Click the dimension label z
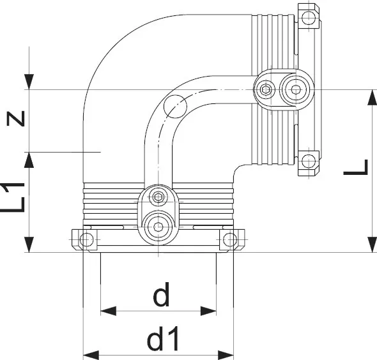16,119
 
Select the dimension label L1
13,197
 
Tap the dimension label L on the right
356,167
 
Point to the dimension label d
162,295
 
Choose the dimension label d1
163,338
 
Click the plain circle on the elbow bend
175,107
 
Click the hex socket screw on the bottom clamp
158,197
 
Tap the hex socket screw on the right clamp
265,89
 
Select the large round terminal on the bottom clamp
158,226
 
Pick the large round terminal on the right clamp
295,89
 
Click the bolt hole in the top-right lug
309,17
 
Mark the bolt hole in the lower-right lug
309,161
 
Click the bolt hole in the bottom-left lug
86,239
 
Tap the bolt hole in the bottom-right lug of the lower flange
230,239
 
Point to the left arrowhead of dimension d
108,311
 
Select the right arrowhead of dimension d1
226,355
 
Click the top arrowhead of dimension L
372,98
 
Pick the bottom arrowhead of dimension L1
29,244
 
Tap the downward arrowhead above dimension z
29,82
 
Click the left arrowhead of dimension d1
91,355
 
